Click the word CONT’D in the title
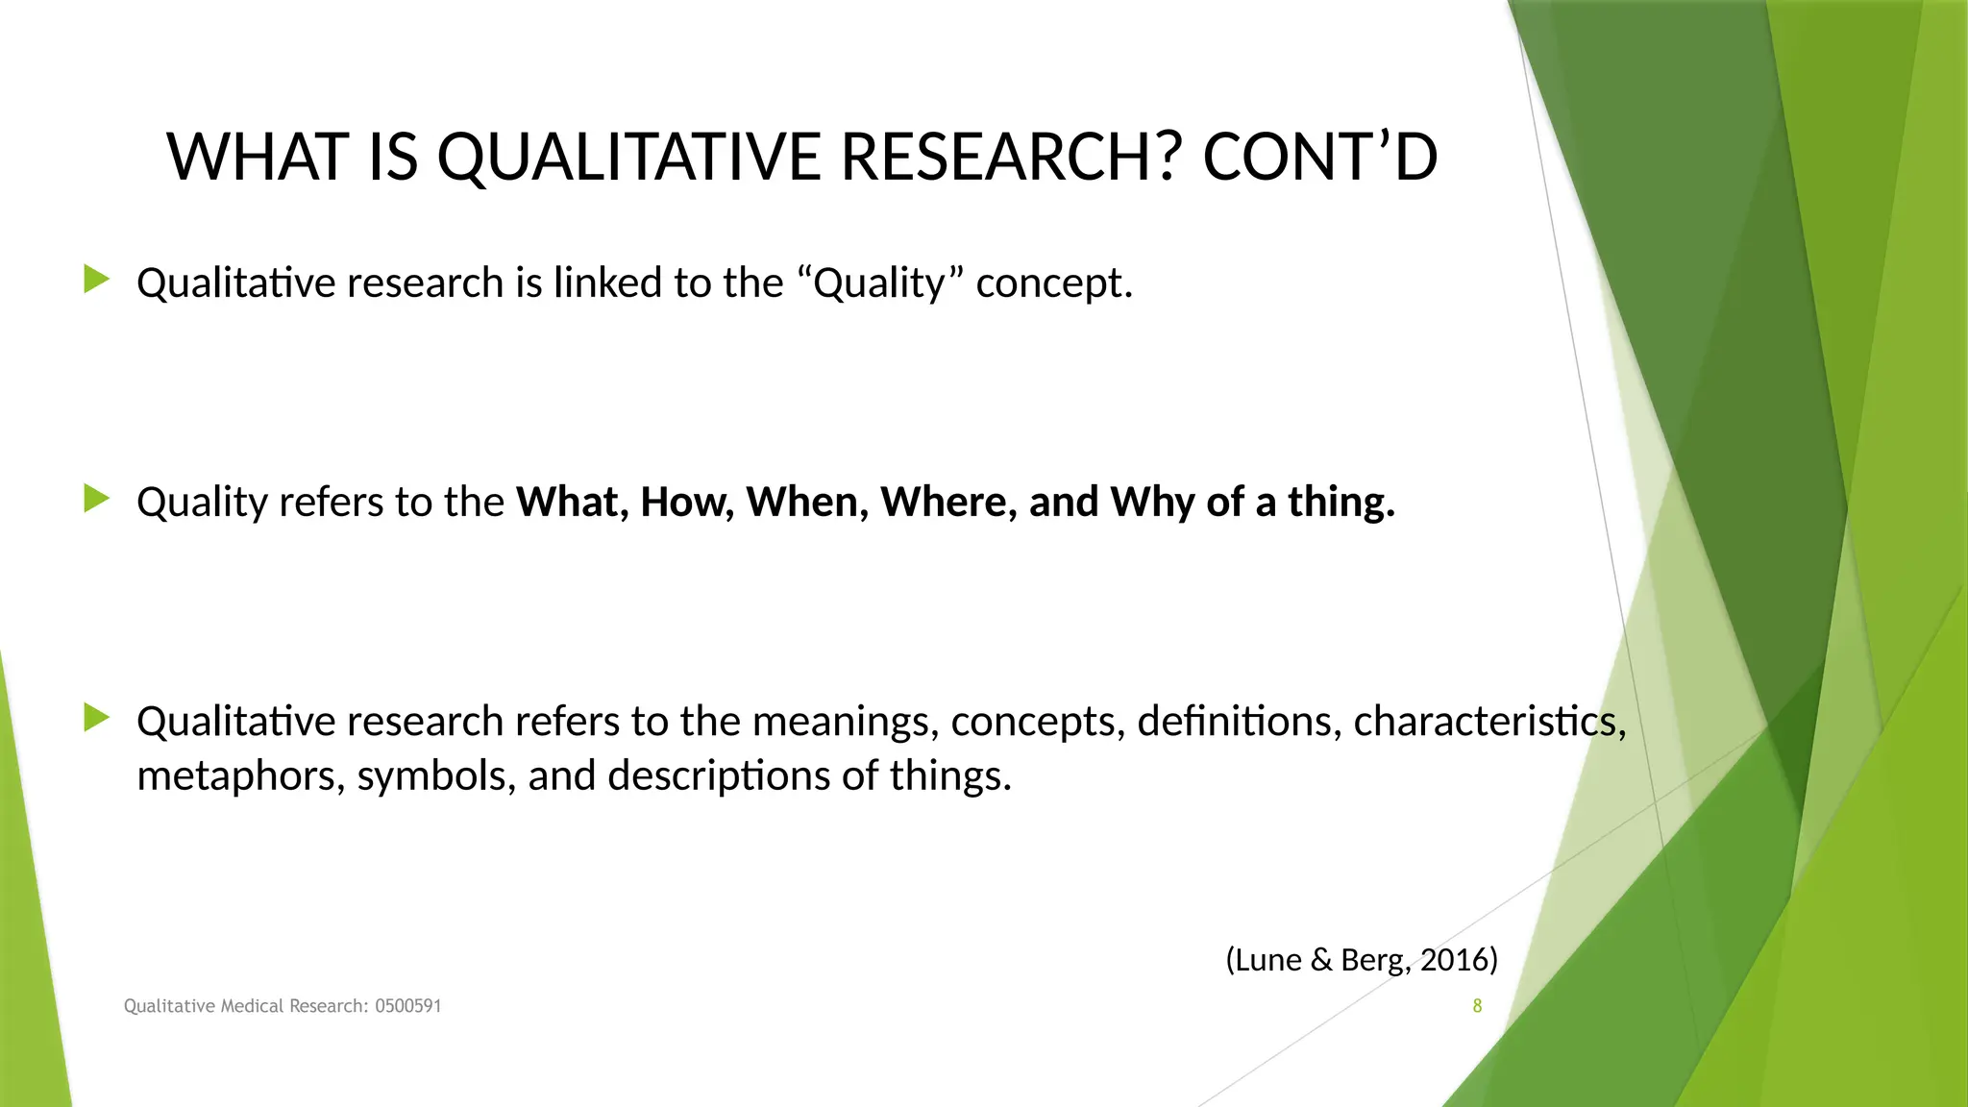1319,157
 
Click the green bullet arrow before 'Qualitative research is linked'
97,280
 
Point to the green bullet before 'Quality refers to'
97,499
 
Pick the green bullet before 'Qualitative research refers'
97,718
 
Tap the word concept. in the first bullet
1054,283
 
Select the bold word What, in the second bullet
572,502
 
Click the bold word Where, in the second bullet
948,502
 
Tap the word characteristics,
1489,722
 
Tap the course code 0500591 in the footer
408,1006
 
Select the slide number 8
1477,1006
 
